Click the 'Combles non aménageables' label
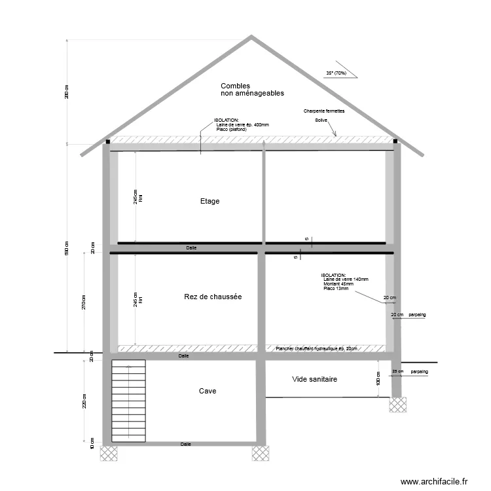252,90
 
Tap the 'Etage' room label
210,201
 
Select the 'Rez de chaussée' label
213,297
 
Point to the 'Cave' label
208,391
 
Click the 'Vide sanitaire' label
314,379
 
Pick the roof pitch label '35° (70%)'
336,73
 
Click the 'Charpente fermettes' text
324,111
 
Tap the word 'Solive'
321,120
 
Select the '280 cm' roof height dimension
67,92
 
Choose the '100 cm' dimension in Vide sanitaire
378,378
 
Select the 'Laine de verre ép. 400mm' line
242,124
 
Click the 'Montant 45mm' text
338,284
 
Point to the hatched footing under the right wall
397,405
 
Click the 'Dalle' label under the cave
186,445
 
